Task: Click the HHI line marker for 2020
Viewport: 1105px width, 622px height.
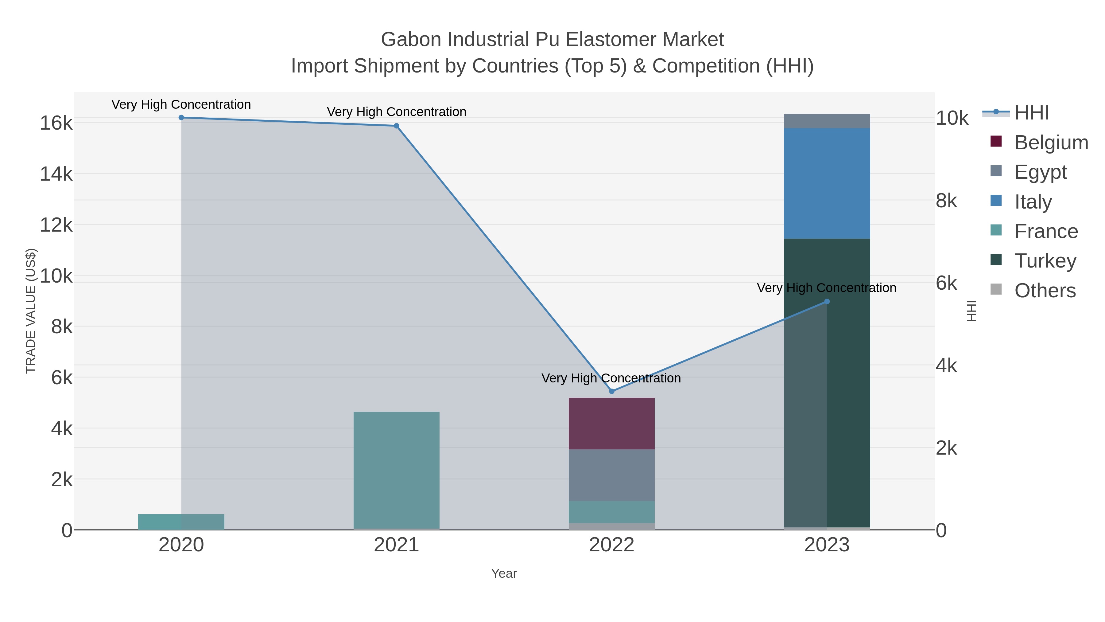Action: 181,118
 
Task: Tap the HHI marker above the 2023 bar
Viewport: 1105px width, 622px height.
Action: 827,301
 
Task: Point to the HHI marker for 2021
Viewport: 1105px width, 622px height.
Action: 396,126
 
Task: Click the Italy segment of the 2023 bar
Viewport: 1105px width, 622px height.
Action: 827,183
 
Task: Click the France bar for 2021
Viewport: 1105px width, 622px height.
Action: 396,470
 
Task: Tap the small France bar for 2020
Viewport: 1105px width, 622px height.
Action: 181,522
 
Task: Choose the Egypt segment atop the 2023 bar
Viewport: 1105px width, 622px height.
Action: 827,121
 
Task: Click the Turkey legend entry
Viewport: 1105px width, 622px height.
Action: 1045,260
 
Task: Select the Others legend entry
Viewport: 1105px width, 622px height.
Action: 1045,291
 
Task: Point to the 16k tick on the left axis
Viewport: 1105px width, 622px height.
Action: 56,123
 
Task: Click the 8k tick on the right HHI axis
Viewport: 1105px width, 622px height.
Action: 946,201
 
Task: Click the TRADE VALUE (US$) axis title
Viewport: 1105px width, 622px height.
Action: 31,311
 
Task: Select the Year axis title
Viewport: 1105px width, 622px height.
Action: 504,573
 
